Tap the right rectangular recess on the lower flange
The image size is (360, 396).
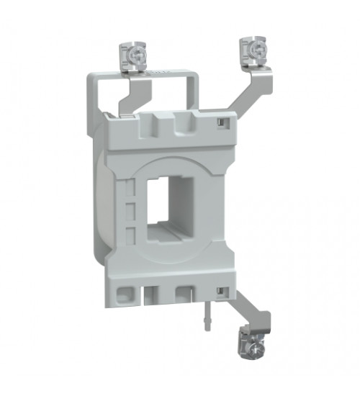[186, 294]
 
